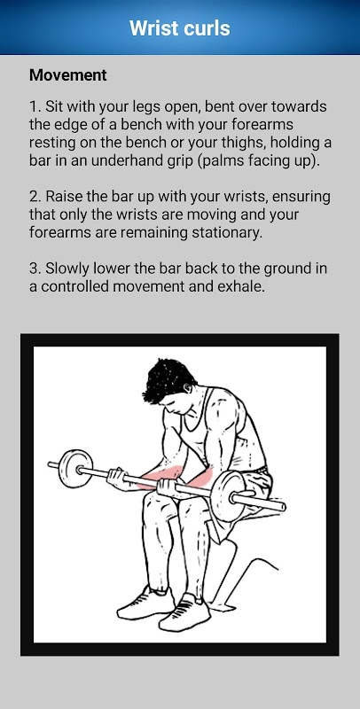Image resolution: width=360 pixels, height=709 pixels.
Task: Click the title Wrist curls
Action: pyautogui.click(x=179, y=28)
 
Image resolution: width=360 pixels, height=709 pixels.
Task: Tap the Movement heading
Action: pyautogui.click(x=68, y=75)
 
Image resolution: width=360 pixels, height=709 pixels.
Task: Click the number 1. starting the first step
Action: pyautogui.click(x=35, y=107)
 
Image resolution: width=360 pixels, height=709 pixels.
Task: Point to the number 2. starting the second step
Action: pyautogui.click(x=35, y=197)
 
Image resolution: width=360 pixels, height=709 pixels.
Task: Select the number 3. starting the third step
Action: pyautogui.click(x=35, y=269)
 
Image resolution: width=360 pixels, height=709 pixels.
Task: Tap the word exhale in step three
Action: pyautogui.click(x=239, y=286)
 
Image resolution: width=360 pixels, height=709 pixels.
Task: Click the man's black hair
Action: pyautogui.click(x=167, y=379)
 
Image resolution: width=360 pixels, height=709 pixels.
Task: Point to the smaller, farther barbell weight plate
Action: pyautogui.click(x=75, y=468)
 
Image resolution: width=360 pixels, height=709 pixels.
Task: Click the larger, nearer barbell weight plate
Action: pyautogui.click(x=228, y=496)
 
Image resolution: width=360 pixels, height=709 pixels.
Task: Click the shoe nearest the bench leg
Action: pyautogui.click(x=184, y=612)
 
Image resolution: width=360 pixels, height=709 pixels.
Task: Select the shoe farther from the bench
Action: pyautogui.click(x=145, y=603)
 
